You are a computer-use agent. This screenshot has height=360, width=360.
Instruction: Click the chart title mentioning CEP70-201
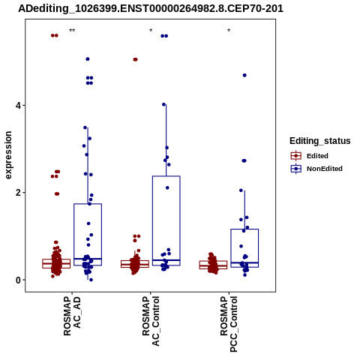coord(151,9)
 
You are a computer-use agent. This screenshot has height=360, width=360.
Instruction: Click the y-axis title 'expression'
coord(8,155)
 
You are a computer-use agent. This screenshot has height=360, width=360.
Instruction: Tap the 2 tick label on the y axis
coord(18,193)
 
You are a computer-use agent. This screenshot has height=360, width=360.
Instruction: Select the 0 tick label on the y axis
coord(18,280)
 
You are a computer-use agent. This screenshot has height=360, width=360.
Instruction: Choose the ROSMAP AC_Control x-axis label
coord(151,321)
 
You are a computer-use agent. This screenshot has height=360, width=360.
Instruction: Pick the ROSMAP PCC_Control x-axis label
coord(229,324)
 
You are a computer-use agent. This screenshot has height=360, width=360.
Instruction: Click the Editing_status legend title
coord(320,141)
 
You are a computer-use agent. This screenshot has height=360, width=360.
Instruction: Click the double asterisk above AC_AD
coord(72,31)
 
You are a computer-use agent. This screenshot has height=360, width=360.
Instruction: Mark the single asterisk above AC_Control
coord(151,31)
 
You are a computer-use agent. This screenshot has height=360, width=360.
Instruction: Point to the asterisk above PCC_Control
coord(229,31)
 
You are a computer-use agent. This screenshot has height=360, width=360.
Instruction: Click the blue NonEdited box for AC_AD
coord(88,235)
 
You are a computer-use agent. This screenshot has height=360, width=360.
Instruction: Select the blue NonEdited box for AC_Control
coord(166,220)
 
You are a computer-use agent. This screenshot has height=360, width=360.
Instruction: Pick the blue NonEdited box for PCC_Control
coord(244,248)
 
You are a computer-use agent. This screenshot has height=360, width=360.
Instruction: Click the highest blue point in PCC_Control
coord(244,75)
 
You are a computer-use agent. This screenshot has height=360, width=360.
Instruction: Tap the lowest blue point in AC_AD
coord(91,280)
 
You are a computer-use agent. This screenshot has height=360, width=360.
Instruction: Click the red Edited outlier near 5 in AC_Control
coord(135,59)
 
